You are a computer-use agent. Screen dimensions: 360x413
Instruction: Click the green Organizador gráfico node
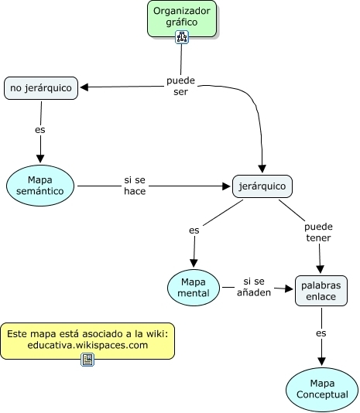click(x=182, y=19)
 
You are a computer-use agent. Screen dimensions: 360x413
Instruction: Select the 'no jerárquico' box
click(x=41, y=88)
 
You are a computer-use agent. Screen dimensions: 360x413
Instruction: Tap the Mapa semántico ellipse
click(x=40, y=186)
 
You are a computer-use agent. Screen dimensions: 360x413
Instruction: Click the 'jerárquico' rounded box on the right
click(x=262, y=186)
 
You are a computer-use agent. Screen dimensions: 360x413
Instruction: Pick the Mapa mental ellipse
click(x=194, y=288)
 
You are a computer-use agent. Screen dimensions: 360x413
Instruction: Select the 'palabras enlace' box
click(x=321, y=291)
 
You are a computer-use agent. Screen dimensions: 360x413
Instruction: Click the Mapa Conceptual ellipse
click(x=322, y=389)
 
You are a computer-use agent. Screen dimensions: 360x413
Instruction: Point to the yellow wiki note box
click(x=87, y=341)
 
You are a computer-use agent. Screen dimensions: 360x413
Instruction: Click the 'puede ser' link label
click(x=180, y=86)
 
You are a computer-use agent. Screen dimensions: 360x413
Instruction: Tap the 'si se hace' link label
click(x=135, y=186)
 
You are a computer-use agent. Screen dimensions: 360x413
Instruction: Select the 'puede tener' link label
click(x=318, y=232)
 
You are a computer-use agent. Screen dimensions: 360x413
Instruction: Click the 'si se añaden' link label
click(x=254, y=287)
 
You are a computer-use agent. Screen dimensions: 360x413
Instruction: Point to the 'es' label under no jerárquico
click(x=40, y=130)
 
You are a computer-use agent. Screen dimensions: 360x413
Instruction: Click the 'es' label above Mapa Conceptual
click(x=321, y=333)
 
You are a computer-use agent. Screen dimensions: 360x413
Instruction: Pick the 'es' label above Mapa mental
click(x=194, y=230)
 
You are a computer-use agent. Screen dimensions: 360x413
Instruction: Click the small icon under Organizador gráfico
click(x=182, y=37)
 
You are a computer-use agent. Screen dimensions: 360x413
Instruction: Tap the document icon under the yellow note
click(x=87, y=360)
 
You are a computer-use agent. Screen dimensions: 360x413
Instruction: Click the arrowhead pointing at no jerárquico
click(x=84, y=87)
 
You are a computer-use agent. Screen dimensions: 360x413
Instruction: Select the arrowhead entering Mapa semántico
click(x=40, y=159)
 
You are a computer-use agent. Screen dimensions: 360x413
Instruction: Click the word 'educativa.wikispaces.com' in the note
click(x=87, y=345)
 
